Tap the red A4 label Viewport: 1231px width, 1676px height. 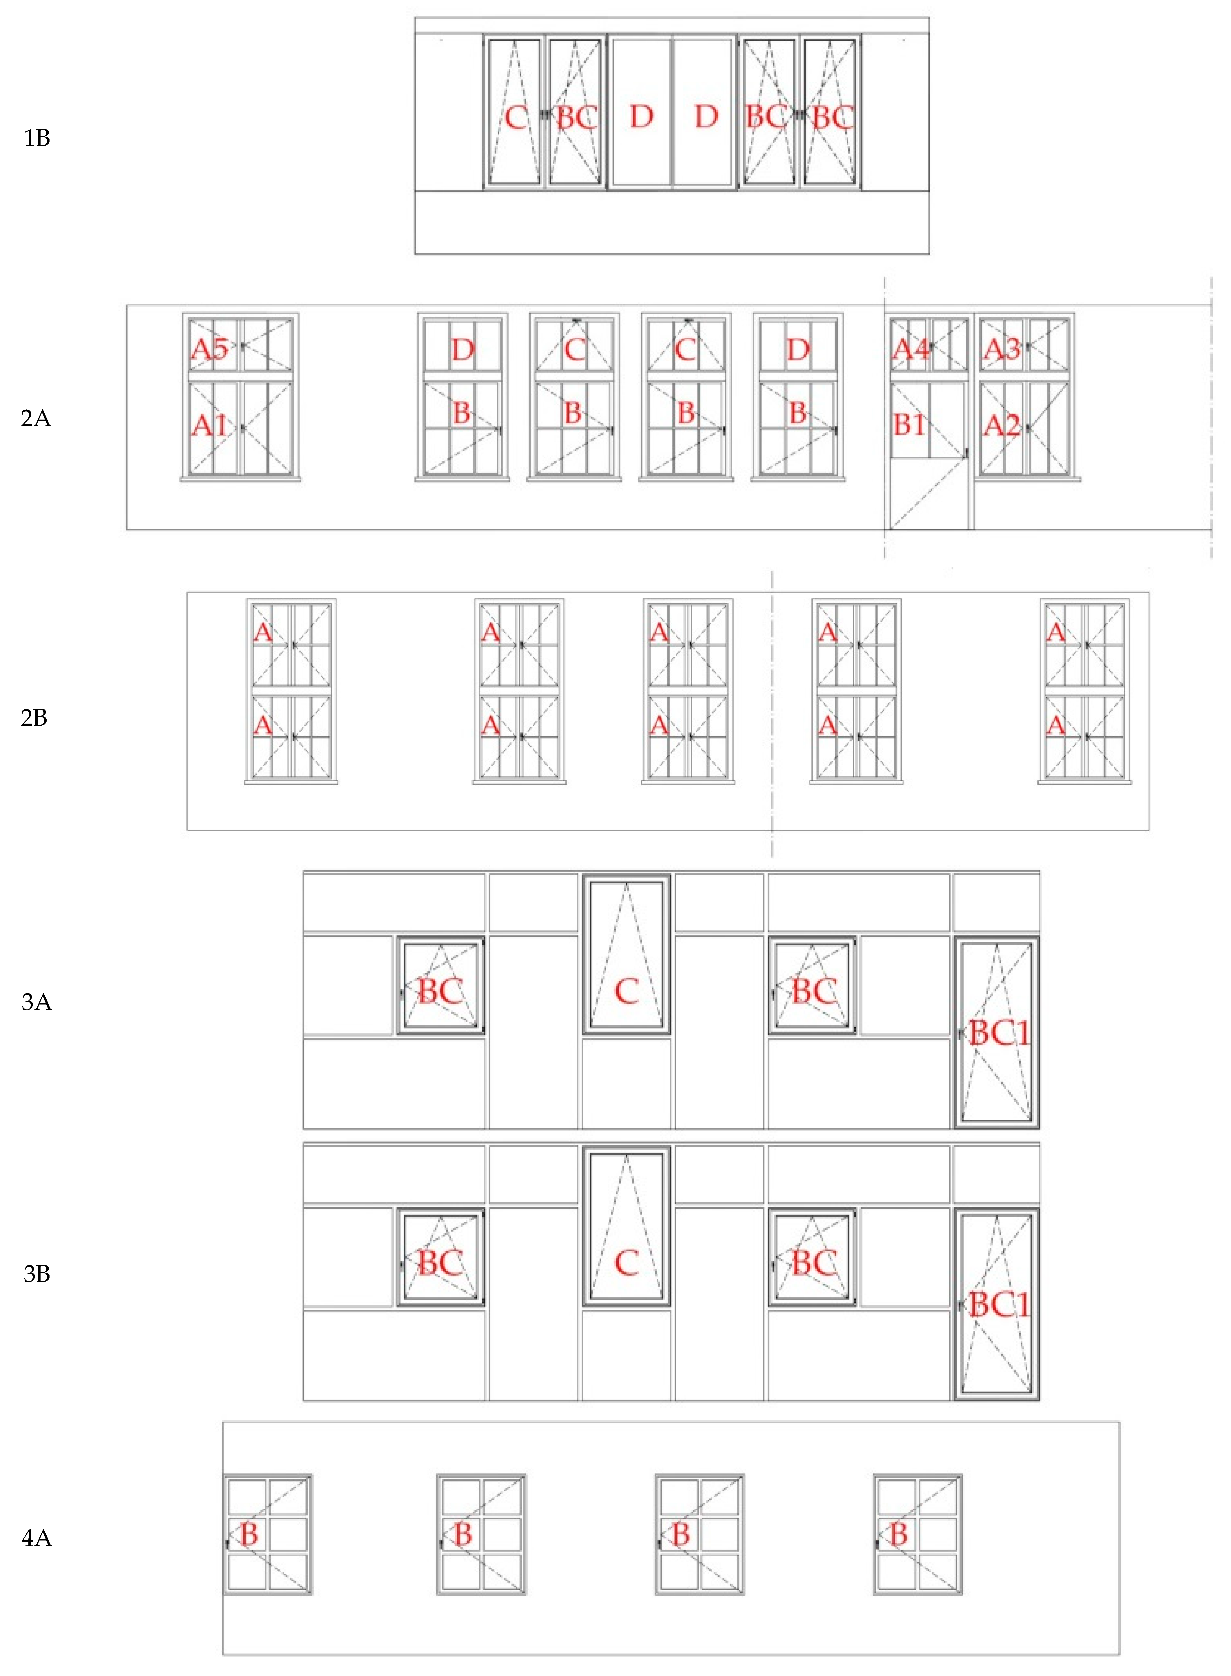pyautogui.click(x=911, y=349)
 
